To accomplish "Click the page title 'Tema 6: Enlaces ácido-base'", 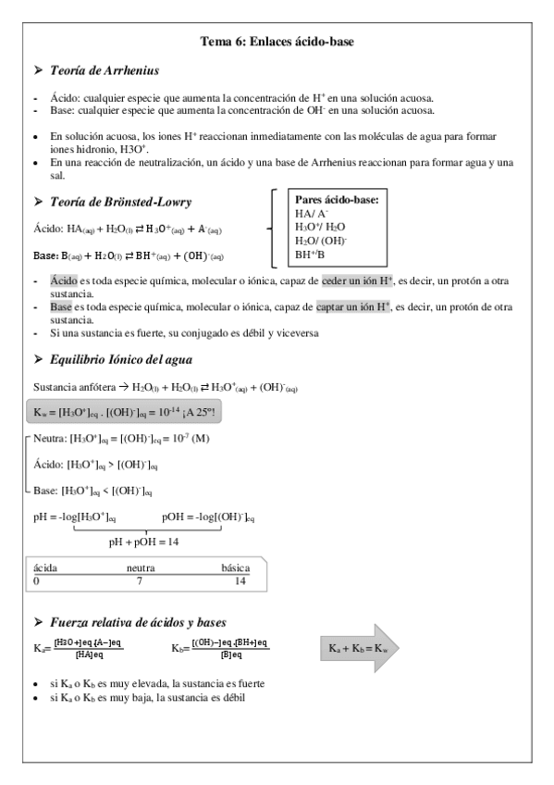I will [x=277, y=41].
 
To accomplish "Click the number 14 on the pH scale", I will [x=240, y=580].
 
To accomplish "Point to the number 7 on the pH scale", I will [x=140, y=580].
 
